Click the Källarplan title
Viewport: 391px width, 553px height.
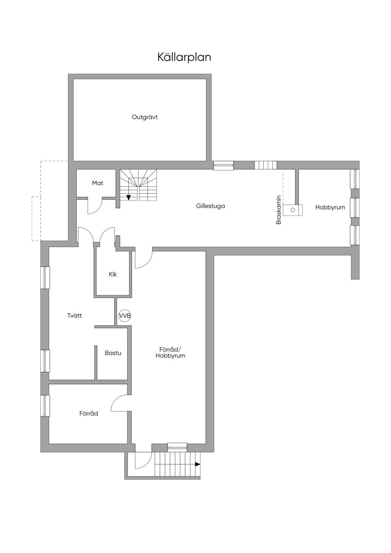point(184,57)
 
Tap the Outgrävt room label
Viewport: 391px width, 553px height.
point(145,117)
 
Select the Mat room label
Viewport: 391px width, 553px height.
point(97,183)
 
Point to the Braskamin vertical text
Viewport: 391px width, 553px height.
point(279,210)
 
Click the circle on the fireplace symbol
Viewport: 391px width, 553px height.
point(293,210)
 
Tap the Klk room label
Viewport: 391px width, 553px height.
point(113,274)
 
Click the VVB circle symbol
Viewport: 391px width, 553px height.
point(124,315)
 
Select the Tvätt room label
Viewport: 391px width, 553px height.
point(74,315)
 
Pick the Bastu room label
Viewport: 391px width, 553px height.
point(113,353)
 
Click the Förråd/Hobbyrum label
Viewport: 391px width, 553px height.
point(170,352)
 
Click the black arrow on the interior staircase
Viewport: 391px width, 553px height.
point(128,197)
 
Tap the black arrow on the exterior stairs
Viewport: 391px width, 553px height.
point(198,464)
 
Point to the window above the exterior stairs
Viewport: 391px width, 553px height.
point(177,446)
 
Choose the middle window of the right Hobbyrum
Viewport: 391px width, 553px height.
point(355,208)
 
